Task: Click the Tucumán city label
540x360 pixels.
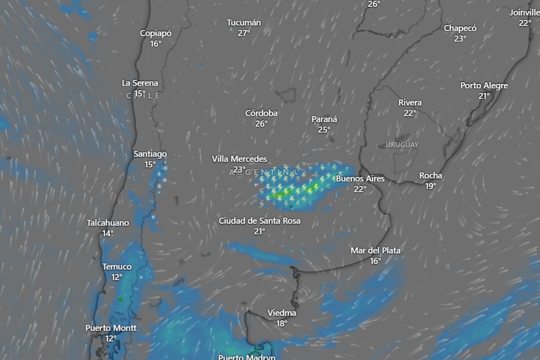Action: point(243,22)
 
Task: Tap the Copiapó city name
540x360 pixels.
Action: point(156,33)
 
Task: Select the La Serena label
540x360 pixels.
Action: point(140,83)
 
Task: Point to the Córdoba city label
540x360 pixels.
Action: point(261,113)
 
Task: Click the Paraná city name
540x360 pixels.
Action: point(324,119)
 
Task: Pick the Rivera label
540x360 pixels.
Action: point(409,103)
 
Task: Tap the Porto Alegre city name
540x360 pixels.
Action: point(484,85)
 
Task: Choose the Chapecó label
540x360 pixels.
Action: point(460,28)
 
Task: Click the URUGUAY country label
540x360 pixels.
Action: point(402,145)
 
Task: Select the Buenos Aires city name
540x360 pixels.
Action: point(360,179)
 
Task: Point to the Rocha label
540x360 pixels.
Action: point(431,175)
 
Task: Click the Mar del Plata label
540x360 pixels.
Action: point(375,250)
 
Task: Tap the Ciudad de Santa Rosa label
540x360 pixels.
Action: point(259,221)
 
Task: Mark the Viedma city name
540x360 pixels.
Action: point(282,313)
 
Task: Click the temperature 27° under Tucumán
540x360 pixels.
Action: point(243,33)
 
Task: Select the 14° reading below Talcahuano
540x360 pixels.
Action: point(108,233)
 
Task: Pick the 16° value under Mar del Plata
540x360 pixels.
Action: point(375,261)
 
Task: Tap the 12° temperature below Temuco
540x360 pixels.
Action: point(117,277)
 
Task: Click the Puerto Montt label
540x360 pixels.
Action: point(111,328)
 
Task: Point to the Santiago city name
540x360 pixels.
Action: point(150,154)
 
